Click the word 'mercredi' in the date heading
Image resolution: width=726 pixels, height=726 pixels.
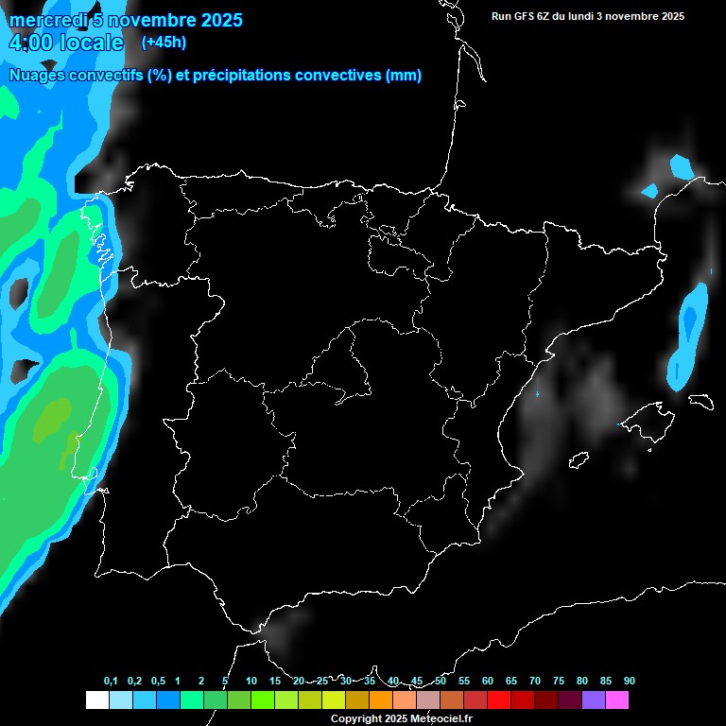pos(46,20)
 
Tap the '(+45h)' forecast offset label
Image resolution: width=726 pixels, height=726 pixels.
pos(164,42)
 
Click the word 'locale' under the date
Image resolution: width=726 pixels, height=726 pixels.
pos(91,43)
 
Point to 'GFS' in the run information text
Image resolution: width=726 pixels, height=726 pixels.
pos(526,16)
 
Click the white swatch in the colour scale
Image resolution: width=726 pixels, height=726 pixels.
pos(96,700)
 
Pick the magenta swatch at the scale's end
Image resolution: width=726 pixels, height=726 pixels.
pos(617,700)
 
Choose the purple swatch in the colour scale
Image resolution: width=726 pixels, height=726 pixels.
pos(594,700)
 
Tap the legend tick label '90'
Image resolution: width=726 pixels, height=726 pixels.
pos(629,681)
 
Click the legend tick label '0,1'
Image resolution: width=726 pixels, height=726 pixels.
pos(111,681)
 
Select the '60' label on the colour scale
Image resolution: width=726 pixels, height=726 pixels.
pos(488,681)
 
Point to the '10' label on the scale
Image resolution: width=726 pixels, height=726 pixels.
pos(251,681)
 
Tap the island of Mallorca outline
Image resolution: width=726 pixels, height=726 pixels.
pos(648,416)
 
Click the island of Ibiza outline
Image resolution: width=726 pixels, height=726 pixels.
pos(578,460)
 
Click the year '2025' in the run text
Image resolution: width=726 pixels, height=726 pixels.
pos(672,16)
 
